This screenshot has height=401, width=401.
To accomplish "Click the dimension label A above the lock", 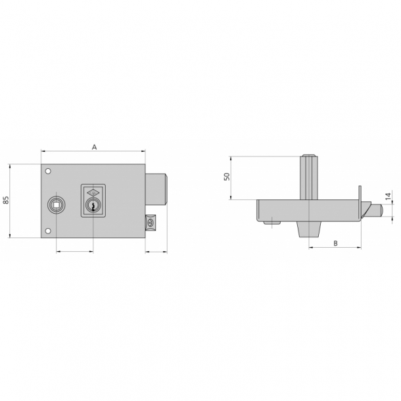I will [94, 147].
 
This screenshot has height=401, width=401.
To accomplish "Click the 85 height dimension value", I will [6, 200].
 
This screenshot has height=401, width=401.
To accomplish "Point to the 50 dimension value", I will [226, 177].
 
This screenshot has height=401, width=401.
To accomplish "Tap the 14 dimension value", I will [389, 195].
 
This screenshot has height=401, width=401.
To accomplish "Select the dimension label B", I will [335, 243].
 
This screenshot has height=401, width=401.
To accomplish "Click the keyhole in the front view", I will [93, 206].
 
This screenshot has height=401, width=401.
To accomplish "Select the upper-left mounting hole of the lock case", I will [48, 172].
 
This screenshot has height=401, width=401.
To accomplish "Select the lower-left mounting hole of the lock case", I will [48, 230].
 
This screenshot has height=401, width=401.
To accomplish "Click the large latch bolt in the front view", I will [158, 189].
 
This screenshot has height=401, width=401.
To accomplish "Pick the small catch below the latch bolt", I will [151, 223].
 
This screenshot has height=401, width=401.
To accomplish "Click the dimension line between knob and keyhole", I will [75, 250].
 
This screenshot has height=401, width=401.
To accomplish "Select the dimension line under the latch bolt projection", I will [156, 250].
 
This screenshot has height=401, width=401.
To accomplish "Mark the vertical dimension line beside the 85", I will [11, 200].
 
